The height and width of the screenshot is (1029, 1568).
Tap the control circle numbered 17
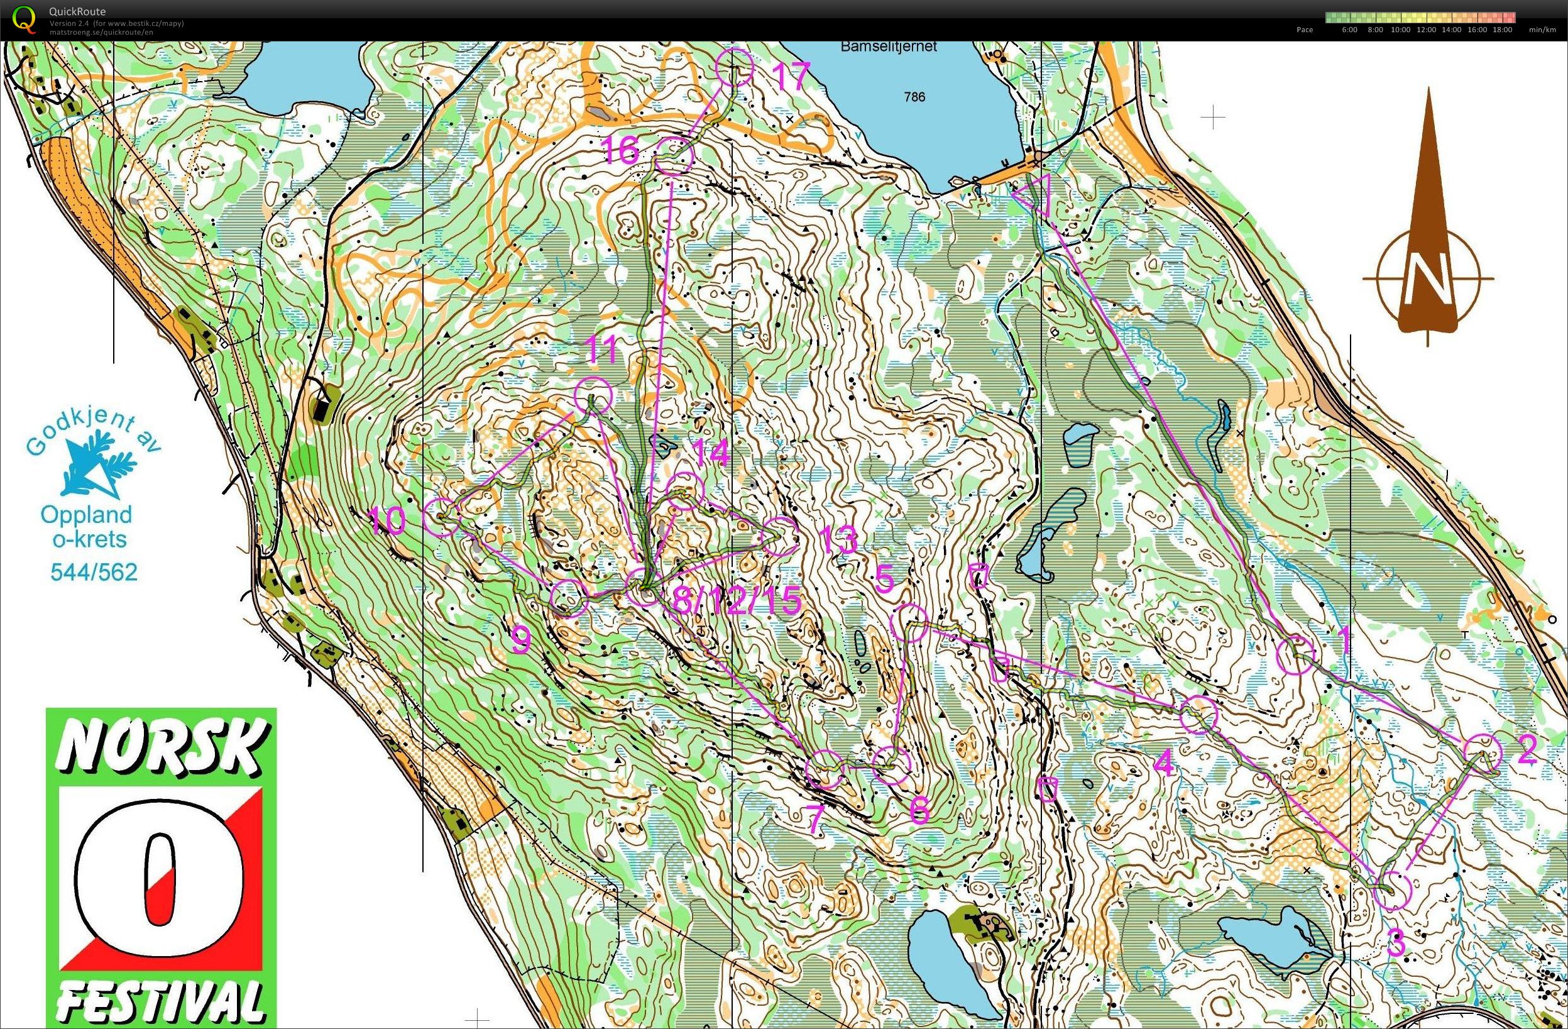734,67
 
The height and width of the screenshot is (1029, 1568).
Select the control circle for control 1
1295,655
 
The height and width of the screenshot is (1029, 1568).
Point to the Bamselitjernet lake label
888,47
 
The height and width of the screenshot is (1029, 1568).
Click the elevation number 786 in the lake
914,97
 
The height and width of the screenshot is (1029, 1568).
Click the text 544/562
94,572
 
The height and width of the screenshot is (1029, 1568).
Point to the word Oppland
86,514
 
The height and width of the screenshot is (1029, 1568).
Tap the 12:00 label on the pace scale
1426,30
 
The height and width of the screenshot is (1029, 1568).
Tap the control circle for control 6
891,765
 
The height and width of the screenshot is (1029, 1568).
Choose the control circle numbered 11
593,395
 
